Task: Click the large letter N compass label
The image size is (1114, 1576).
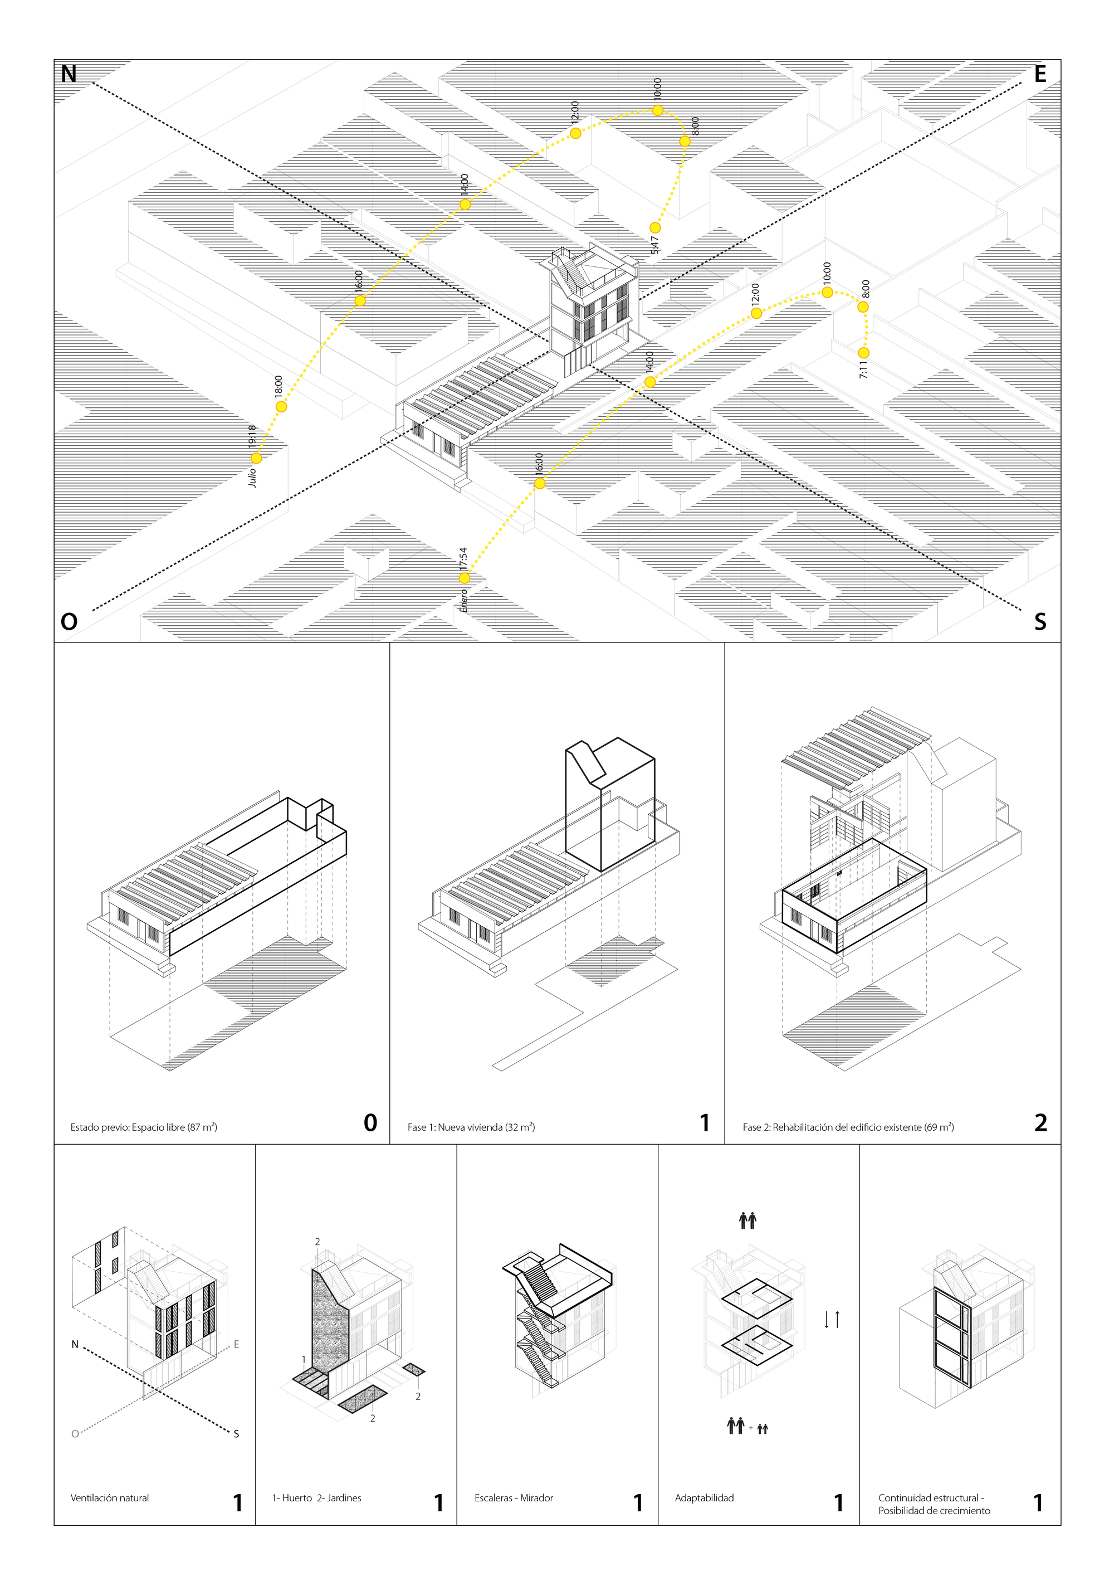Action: coord(69,74)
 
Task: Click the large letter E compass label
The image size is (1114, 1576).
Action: coord(1040,74)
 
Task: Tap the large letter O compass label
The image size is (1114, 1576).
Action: coord(69,622)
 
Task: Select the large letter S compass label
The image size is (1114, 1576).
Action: coord(1040,622)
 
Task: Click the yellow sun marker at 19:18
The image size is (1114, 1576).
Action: coord(256,458)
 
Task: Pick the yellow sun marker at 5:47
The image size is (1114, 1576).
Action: coord(655,228)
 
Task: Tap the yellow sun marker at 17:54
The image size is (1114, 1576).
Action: coord(465,578)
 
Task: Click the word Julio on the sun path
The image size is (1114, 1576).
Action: coord(252,477)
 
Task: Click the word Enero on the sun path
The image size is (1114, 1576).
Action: coord(464,601)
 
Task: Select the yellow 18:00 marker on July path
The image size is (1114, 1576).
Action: coord(281,406)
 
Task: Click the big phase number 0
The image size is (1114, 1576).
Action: coord(370,1123)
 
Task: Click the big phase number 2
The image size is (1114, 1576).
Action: coord(1040,1123)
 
